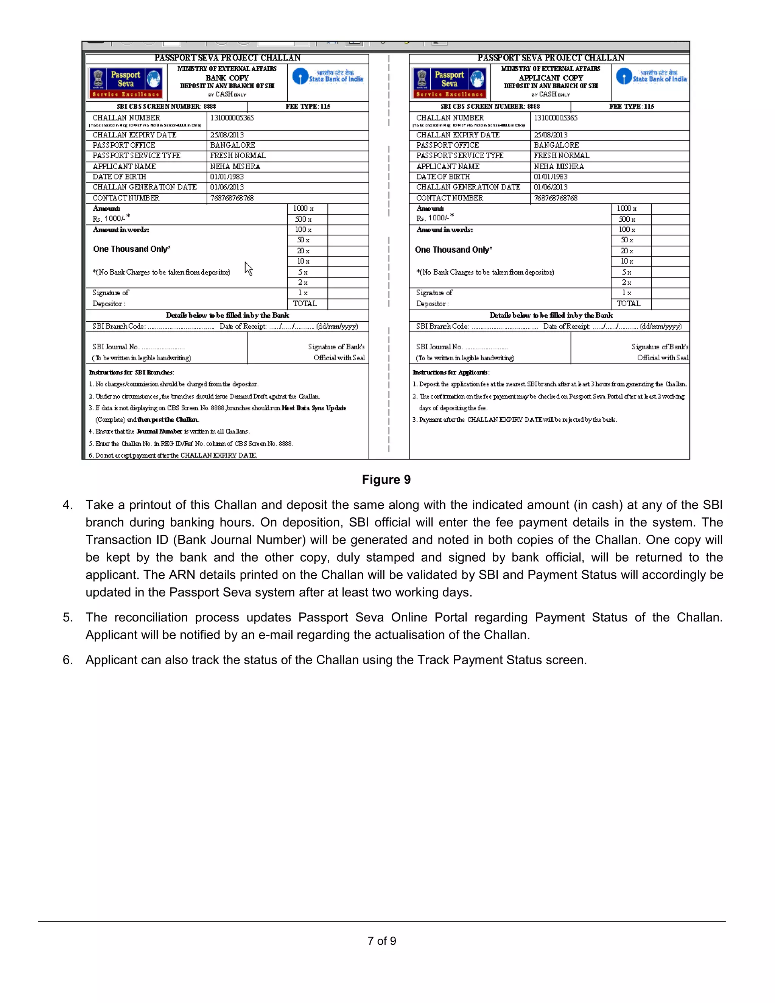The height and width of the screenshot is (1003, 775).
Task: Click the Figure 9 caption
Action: [x=386, y=480]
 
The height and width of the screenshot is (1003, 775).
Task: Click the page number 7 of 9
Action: [x=381, y=941]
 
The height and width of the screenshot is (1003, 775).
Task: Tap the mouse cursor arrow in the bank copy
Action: [x=248, y=269]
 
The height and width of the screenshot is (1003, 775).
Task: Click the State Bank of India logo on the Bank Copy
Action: [x=328, y=76]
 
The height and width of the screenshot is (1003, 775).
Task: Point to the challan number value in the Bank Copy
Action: [x=232, y=118]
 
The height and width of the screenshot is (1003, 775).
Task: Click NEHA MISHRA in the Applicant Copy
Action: [x=559, y=166]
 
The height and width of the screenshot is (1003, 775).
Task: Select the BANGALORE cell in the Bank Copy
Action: [x=232, y=145]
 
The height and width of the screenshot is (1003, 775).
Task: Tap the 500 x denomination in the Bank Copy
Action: [x=303, y=219]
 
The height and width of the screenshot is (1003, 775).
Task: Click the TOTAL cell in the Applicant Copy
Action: [x=628, y=304]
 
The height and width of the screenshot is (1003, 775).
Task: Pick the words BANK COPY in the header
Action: [x=227, y=78]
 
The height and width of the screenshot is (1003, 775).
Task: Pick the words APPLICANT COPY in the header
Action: [x=551, y=78]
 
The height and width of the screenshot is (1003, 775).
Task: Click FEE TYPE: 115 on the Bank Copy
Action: [x=308, y=107]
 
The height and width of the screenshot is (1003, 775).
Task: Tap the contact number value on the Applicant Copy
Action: [x=556, y=198]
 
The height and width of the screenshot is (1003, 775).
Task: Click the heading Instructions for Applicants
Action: [x=451, y=372]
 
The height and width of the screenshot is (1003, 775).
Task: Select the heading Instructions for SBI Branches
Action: [x=131, y=372]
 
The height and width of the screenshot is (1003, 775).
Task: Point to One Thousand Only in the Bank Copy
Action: [x=132, y=249]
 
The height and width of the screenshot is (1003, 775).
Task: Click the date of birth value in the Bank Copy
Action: [x=227, y=177]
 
